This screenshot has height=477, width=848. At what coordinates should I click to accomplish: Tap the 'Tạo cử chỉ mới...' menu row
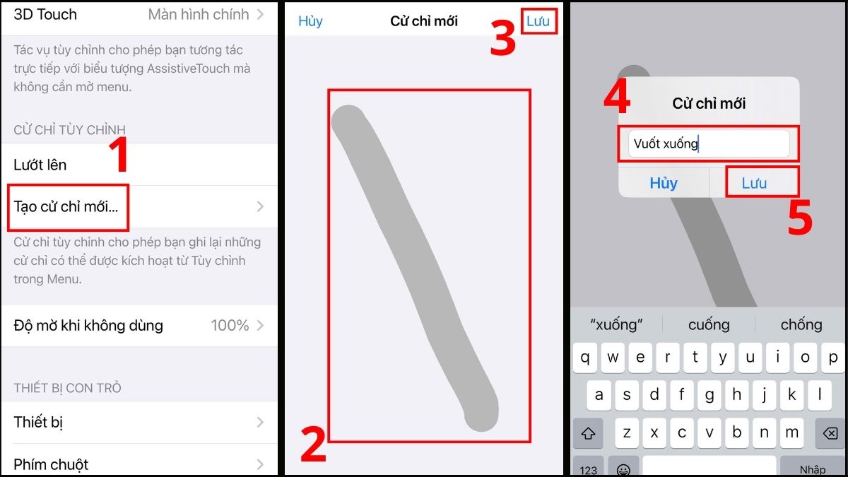(x=67, y=207)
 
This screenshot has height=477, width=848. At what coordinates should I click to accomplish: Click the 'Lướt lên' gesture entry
(x=40, y=165)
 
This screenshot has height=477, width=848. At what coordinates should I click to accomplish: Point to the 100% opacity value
(x=230, y=326)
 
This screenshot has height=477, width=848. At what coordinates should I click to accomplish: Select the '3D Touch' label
(x=45, y=14)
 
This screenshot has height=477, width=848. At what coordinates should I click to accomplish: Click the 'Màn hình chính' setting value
(x=199, y=14)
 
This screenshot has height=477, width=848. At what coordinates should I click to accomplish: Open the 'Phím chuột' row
(x=51, y=464)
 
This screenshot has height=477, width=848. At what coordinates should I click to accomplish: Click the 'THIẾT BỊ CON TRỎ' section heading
(x=68, y=388)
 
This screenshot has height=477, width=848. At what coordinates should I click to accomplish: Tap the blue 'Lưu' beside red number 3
(x=538, y=21)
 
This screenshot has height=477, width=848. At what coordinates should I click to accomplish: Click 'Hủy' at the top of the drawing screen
(x=310, y=21)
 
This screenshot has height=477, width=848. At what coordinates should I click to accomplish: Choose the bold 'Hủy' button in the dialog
(x=664, y=183)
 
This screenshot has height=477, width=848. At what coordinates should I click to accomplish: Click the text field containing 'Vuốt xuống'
(x=708, y=144)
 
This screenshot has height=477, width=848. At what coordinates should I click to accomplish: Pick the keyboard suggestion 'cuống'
(x=709, y=324)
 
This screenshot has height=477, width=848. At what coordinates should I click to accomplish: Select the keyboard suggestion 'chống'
(x=801, y=324)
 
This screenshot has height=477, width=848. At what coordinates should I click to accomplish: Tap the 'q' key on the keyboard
(x=585, y=358)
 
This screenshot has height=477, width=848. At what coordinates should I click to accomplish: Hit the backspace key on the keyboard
(x=830, y=432)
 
